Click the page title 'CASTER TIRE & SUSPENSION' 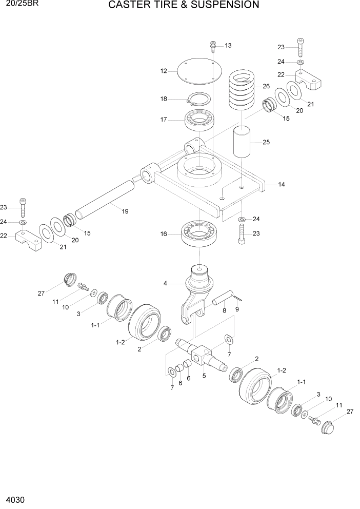coord(184,6)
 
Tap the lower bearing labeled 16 coord(200,234)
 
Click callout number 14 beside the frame coord(282,184)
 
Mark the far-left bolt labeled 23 coord(22,207)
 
